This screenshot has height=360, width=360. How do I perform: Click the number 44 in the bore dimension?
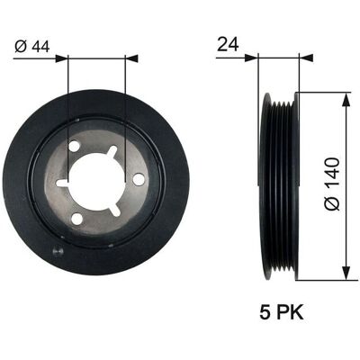(x=40, y=47)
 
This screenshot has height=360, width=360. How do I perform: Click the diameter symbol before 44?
(x=22, y=47)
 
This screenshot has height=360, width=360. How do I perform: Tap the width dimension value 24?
(x=228, y=44)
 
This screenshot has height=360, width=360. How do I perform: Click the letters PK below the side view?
(x=290, y=312)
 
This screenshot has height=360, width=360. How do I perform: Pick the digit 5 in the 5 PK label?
(x=265, y=312)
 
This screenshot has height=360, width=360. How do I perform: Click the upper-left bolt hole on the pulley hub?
(x=74, y=147)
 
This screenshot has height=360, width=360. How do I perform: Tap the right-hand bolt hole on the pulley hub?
(x=139, y=179)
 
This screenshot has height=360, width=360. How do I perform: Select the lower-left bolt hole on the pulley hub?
(x=77, y=219)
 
